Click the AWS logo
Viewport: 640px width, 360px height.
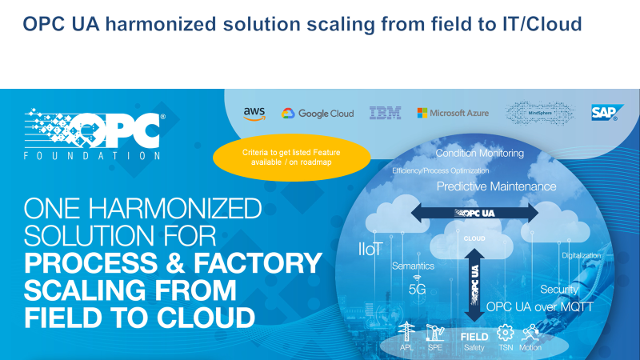[254, 114]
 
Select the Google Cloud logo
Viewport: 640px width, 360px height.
[318, 114]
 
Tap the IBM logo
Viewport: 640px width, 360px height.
[385, 114]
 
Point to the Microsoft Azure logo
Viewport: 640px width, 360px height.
[453, 114]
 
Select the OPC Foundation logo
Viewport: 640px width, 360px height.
[93, 134]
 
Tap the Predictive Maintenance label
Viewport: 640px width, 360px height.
[496, 186]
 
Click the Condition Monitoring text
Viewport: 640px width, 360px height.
[480, 153]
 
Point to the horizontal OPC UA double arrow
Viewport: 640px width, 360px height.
[475, 213]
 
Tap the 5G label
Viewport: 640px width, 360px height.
[417, 290]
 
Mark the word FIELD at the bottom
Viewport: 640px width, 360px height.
[474, 337]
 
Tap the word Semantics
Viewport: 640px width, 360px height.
[413, 266]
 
